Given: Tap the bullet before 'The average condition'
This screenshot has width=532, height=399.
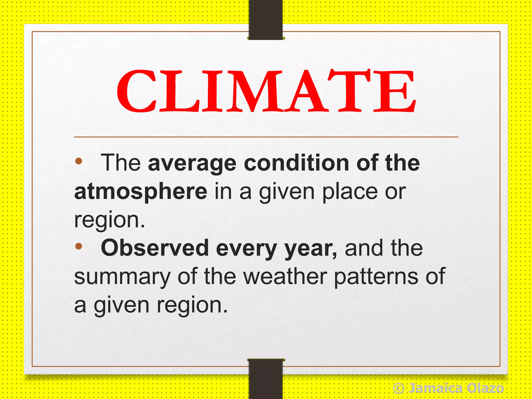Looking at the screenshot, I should pyautogui.click(x=78, y=161).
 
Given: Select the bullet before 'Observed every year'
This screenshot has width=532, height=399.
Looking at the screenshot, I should pyautogui.click(x=78, y=246).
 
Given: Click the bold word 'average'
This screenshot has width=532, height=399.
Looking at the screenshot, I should pyautogui.click(x=192, y=164).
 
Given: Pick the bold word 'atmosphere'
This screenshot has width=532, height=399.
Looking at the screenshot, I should pyautogui.click(x=141, y=192).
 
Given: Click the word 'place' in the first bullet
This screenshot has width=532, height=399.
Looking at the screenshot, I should pyautogui.click(x=350, y=192).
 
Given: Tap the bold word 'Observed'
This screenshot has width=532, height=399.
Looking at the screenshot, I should pyautogui.click(x=155, y=248).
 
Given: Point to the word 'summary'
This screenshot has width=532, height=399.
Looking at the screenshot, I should pyautogui.click(x=122, y=277).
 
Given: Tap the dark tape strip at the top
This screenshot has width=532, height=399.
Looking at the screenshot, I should pyautogui.click(x=265, y=19).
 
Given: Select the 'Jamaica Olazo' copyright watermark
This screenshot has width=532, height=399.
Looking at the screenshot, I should pyautogui.click(x=448, y=389).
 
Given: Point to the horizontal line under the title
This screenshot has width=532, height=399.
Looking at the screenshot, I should pyautogui.click(x=266, y=137).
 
